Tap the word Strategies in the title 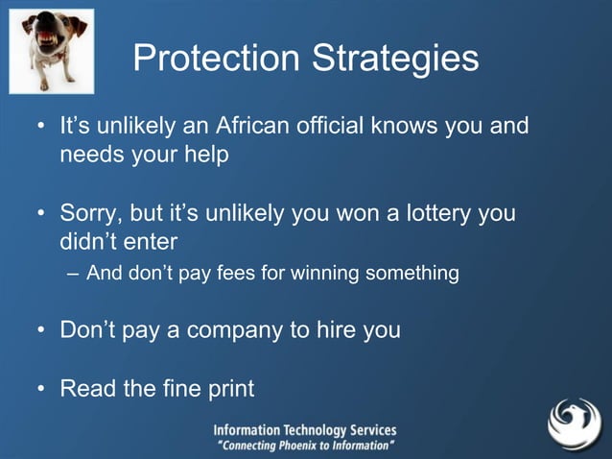(395, 59)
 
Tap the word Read (87, 389)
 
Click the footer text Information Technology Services (304, 431)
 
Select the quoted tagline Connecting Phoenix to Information (305, 447)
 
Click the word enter (148, 240)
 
